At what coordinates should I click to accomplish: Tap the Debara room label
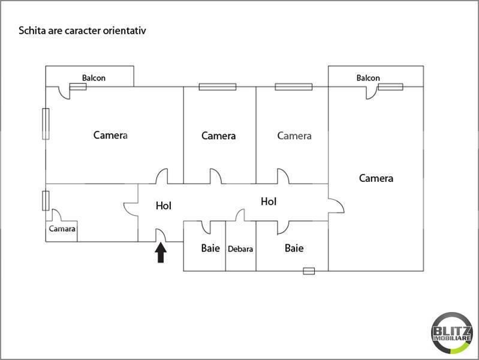[x=240, y=248]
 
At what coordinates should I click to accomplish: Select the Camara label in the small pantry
[x=62, y=229]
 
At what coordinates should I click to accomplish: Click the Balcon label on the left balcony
[x=94, y=77]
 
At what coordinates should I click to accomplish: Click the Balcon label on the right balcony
[x=368, y=78]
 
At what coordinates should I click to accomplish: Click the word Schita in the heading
[x=31, y=29]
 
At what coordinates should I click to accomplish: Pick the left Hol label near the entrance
[x=164, y=205]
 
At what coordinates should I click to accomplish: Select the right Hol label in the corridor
[x=269, y=202]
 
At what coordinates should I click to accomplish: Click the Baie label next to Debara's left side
[x=210, y=248]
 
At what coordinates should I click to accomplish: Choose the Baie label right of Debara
[x=294, y=248]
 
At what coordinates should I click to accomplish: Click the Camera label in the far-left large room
[x=110, y=135]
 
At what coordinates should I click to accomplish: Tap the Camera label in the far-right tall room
[x=376, y=178]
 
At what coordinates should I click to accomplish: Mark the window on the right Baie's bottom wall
[x=309, y=271]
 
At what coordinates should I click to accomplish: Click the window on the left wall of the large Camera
[x=46, y=124]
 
